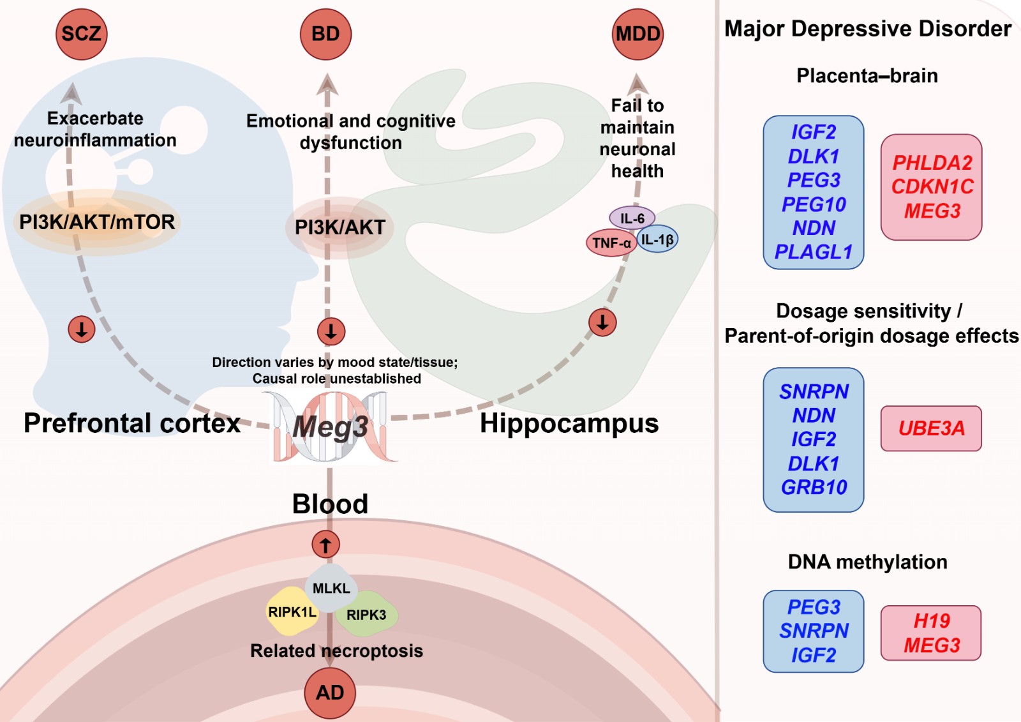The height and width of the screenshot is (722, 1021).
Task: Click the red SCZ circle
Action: (x=82, y=34)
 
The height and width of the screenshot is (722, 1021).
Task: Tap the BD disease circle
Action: (x=325, y=34)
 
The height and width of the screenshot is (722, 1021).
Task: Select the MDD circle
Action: (x=637, y=34)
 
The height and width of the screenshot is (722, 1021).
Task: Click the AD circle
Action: (x=330, y=693)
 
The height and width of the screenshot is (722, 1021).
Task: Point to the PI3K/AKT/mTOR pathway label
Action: (x=97, y=222)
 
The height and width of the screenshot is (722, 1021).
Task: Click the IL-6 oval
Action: (x=632, y=218)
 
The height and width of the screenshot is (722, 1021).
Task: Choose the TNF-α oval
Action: (x=612, y=243)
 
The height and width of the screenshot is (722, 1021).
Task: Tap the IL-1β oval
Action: (x=657, y=239)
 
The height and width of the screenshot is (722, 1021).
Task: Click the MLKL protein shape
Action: (x=331, y=588)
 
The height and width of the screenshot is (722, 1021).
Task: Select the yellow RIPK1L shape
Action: (x=292, y=612)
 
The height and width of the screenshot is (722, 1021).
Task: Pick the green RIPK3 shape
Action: (x=366, y=614)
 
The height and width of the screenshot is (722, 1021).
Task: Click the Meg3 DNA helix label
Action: (x=331, y=427)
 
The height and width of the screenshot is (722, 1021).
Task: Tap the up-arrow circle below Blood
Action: (x=325, y=545)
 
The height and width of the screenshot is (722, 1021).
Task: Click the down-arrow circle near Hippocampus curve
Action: (x=602, y=322)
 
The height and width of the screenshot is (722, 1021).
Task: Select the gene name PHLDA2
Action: (x=932, y=163)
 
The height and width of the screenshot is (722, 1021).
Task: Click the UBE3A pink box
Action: (x=931, y=428)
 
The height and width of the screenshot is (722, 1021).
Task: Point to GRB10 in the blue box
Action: (x=814, y=487)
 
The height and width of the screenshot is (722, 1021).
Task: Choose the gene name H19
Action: (x=932, y=620)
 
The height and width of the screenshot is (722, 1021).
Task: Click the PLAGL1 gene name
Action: (x=814, y=252)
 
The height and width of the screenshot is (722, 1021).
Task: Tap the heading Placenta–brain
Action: (x=867, y=75)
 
